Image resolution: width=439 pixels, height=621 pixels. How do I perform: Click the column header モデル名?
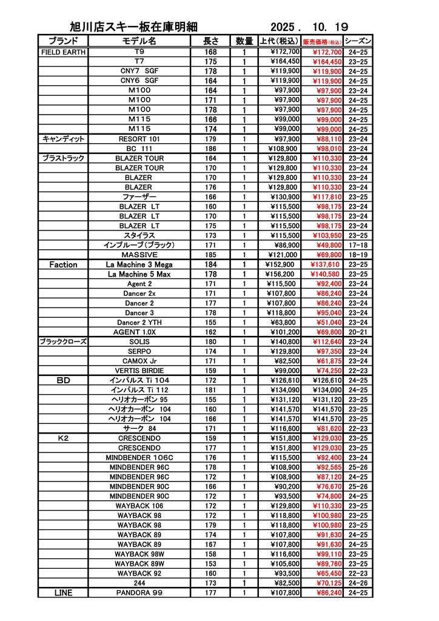point(139,41)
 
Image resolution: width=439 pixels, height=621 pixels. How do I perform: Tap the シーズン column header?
point(358,41)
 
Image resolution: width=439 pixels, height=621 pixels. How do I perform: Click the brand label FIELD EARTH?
point(63,52)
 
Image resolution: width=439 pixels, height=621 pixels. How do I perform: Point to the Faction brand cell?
point(63,264)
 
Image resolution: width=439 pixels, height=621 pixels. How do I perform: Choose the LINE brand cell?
point(63,592)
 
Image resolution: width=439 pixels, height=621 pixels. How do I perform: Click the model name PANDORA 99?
point(139,592)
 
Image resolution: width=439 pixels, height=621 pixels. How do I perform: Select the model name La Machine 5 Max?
point(139,274)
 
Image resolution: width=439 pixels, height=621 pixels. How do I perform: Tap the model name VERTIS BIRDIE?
point(139,371)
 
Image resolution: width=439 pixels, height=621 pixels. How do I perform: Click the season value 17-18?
point(358,245)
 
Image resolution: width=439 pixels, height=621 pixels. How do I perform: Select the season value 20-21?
point(358,332)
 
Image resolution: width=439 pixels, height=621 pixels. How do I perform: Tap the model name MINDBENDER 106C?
point(139,457)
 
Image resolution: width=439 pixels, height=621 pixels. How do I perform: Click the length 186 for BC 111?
point(210,149)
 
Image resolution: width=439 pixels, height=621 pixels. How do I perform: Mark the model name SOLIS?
point(139,341)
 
